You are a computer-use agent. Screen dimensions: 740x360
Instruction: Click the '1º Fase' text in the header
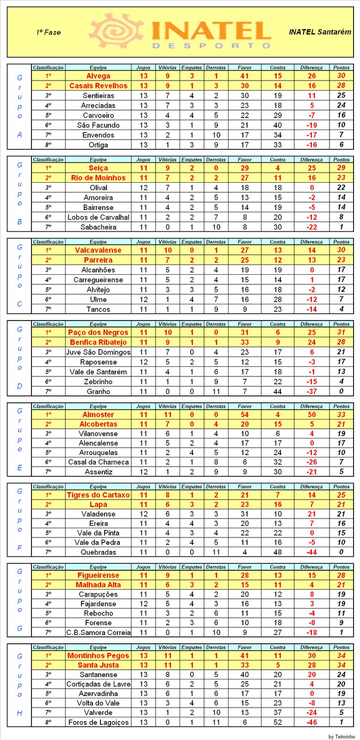[48, 32]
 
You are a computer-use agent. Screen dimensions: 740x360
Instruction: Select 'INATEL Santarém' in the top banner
[320, 32]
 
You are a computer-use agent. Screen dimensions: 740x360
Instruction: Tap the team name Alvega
[98, 76]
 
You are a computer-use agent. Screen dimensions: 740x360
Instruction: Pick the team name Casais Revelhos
[98, 86]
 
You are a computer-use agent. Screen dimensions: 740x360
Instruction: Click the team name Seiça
[98, 168]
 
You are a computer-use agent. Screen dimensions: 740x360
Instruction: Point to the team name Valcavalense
[98, 250]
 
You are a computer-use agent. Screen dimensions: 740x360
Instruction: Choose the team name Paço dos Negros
[98, 333]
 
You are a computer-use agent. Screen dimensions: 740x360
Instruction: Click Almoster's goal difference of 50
[312, 415]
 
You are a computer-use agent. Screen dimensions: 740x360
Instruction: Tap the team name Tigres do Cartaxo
[98, 495]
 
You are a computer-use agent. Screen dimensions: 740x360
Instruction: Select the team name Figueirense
[98, 575]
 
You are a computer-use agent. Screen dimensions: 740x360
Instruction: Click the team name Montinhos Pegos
[98, 655]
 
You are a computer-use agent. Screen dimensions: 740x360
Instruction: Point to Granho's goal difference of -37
[312, 391]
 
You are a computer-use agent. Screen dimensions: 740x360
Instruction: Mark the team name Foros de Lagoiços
[98, 722]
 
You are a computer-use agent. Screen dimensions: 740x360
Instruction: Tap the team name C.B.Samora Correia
[98, 632]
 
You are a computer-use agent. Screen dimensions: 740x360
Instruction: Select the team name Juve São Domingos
[98, 352]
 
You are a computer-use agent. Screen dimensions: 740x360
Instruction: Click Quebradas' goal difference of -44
[312, 552]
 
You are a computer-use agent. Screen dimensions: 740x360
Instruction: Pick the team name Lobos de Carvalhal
[98, 217]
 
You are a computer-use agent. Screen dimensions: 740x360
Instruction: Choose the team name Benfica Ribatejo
[98, 342]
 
